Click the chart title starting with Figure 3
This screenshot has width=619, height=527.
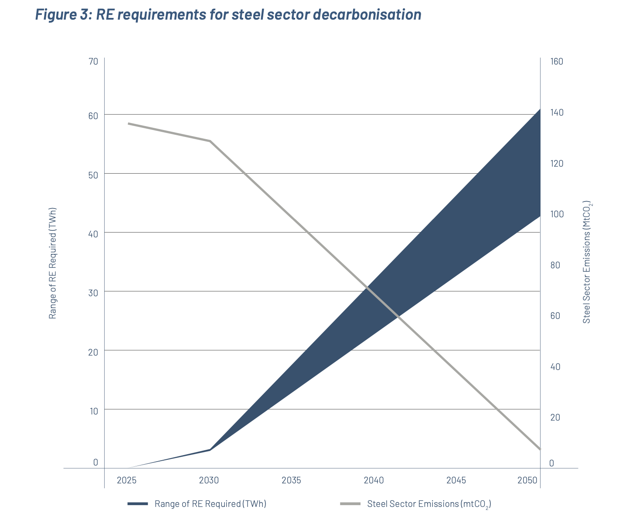[228, 14]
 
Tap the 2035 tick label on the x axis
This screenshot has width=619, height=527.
[291, 480]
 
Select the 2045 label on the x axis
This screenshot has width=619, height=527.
[456, 480]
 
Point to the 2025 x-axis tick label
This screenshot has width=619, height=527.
[126, 480]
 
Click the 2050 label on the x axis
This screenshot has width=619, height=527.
[527, 480]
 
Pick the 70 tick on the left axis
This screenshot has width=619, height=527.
[93, 62]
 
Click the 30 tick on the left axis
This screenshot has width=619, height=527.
[93, 293]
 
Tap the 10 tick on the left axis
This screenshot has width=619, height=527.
[93, 411]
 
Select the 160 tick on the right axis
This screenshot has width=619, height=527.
[557, 62]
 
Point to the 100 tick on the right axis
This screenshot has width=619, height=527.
[557, 214]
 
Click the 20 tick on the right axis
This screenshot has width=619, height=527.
[555, 417]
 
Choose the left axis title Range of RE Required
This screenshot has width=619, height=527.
[53, 263]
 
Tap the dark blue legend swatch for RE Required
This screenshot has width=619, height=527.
[138, 504]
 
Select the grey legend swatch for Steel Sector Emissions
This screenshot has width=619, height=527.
[350, 504]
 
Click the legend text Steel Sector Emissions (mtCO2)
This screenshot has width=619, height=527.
[429, 504]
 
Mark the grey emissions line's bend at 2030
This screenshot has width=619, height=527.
[210, 141]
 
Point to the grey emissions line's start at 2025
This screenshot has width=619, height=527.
[128, 123]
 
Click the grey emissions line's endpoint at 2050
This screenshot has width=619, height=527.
[540, 449]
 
